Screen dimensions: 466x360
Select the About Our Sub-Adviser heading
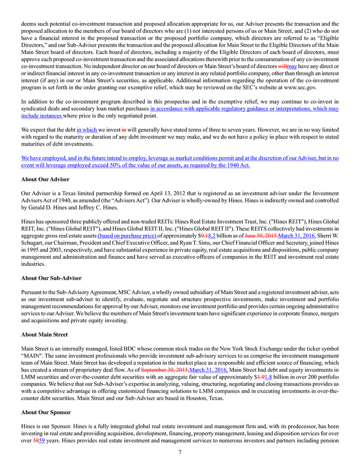coord(51,278)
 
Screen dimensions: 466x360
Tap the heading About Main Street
coord(44,335)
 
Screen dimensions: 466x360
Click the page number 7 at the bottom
coord(180,452)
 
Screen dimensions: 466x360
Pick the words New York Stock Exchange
coord(260,348)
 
